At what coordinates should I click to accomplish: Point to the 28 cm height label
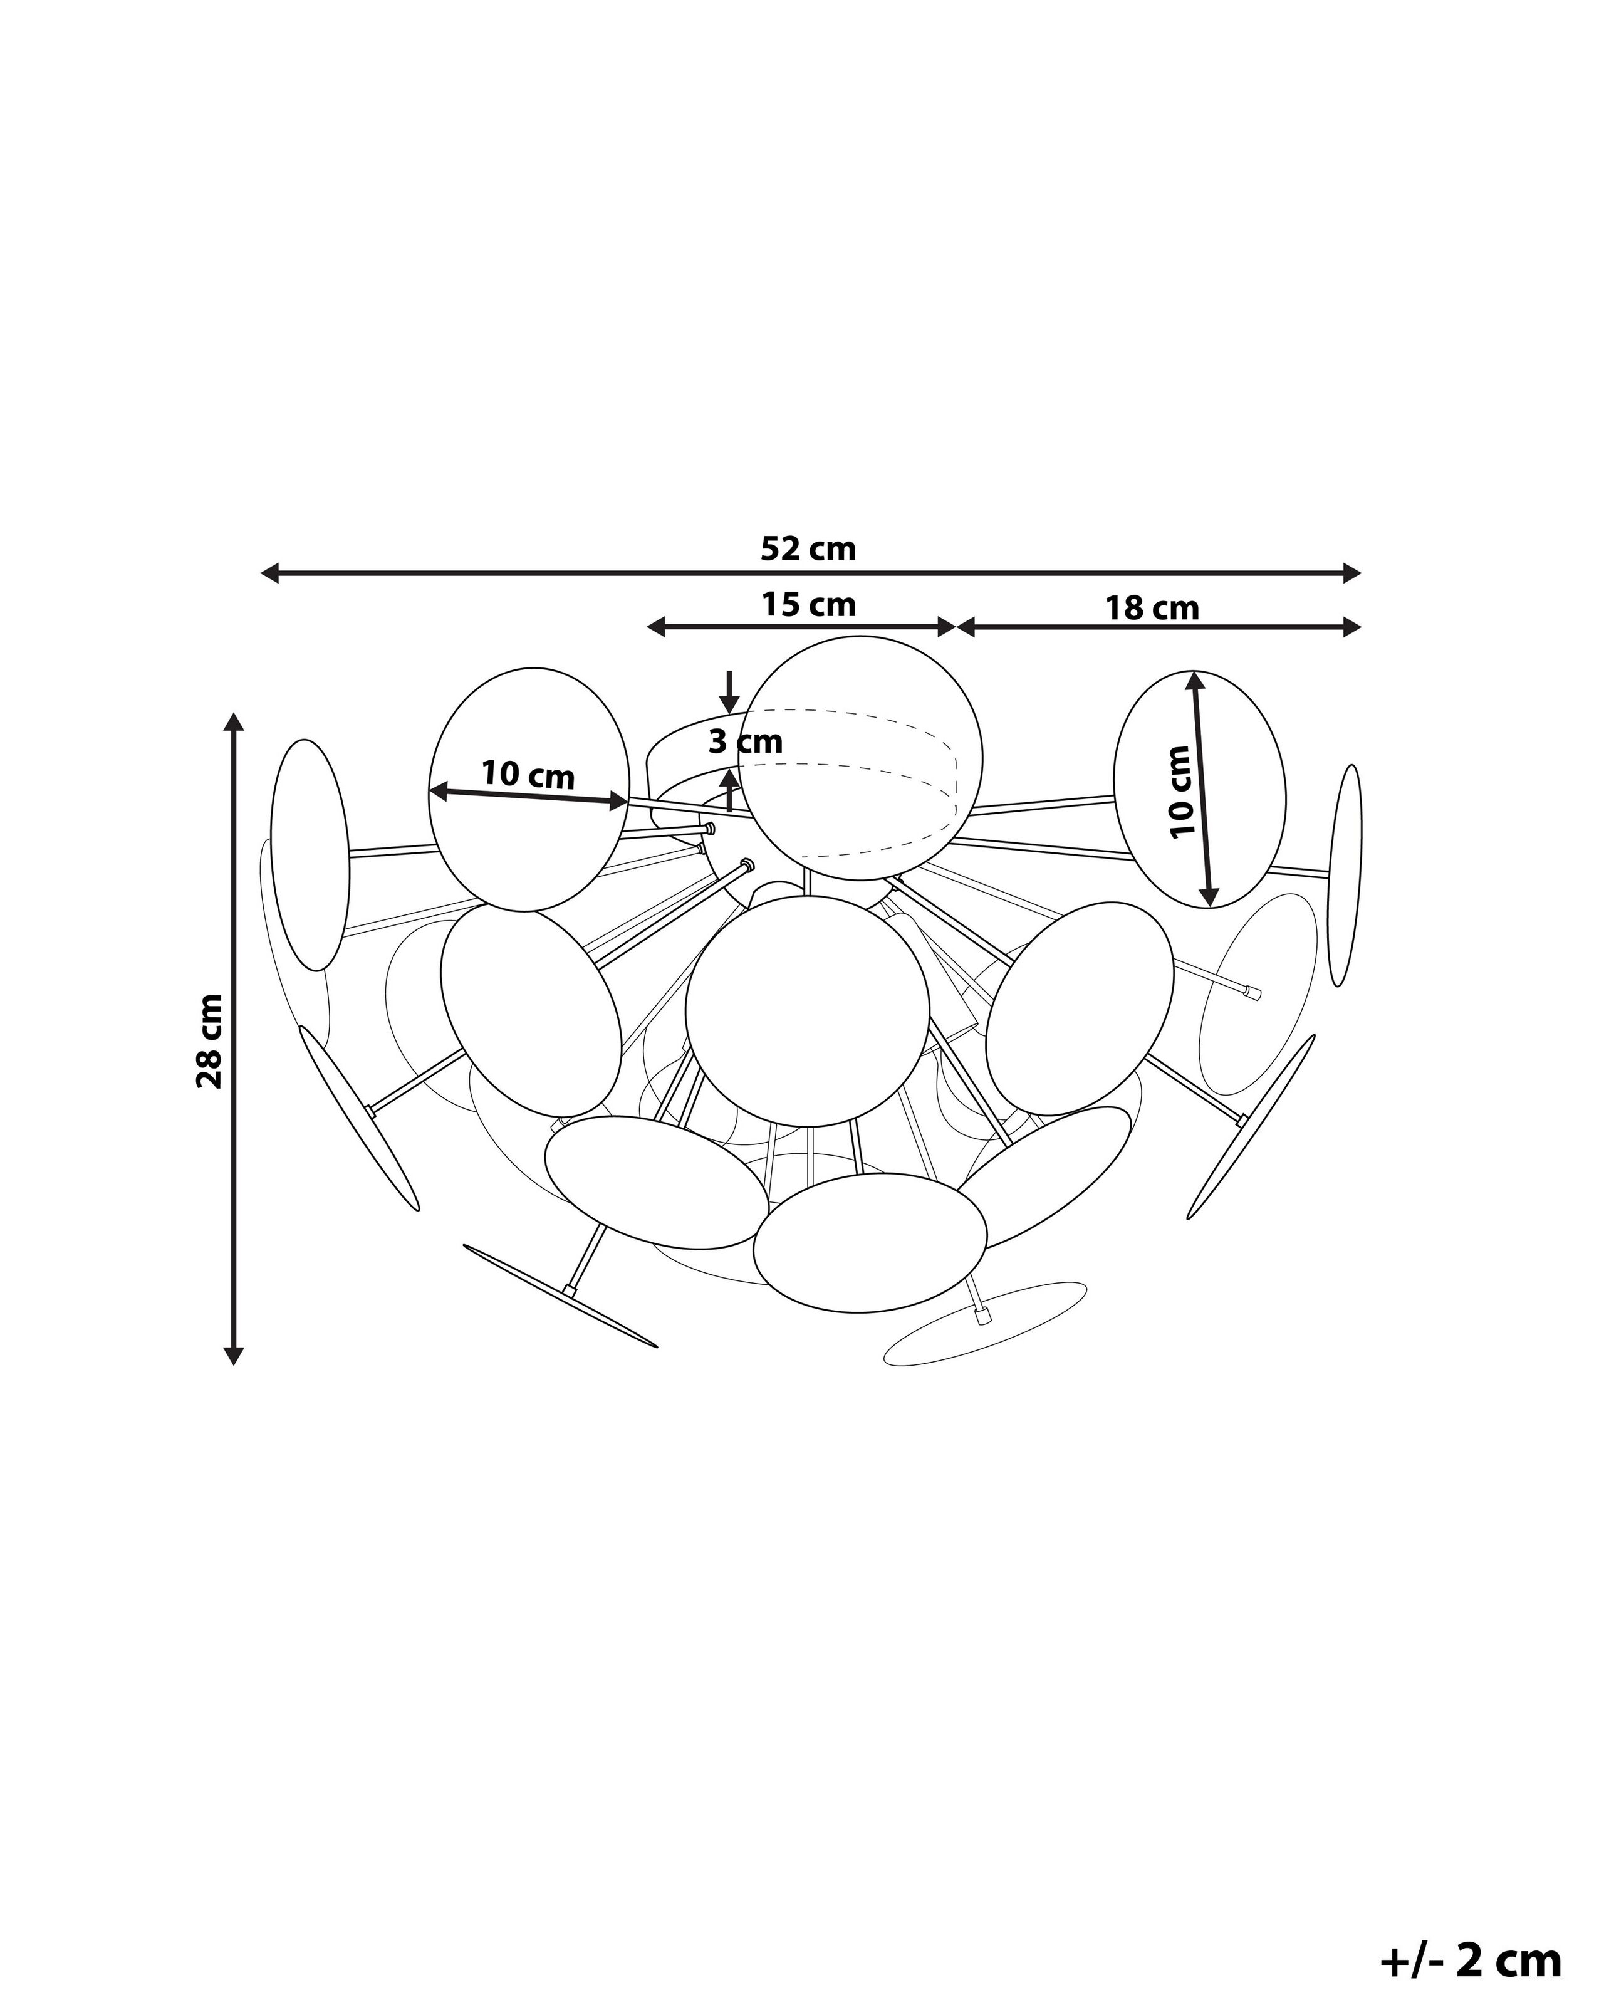210,1040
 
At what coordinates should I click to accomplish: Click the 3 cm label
745,742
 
